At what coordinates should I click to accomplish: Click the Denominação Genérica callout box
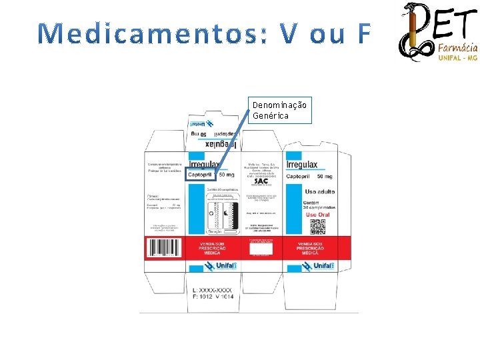coord(280,110)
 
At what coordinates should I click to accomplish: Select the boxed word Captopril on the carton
coord(201,175)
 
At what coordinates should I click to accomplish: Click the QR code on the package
coord(318,227)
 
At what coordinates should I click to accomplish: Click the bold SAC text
coord(261,182)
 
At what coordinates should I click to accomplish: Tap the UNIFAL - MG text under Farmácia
coord(458,58)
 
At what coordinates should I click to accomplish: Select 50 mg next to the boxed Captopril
coord(226,175)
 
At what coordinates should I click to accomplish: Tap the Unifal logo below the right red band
coord(317,265)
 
